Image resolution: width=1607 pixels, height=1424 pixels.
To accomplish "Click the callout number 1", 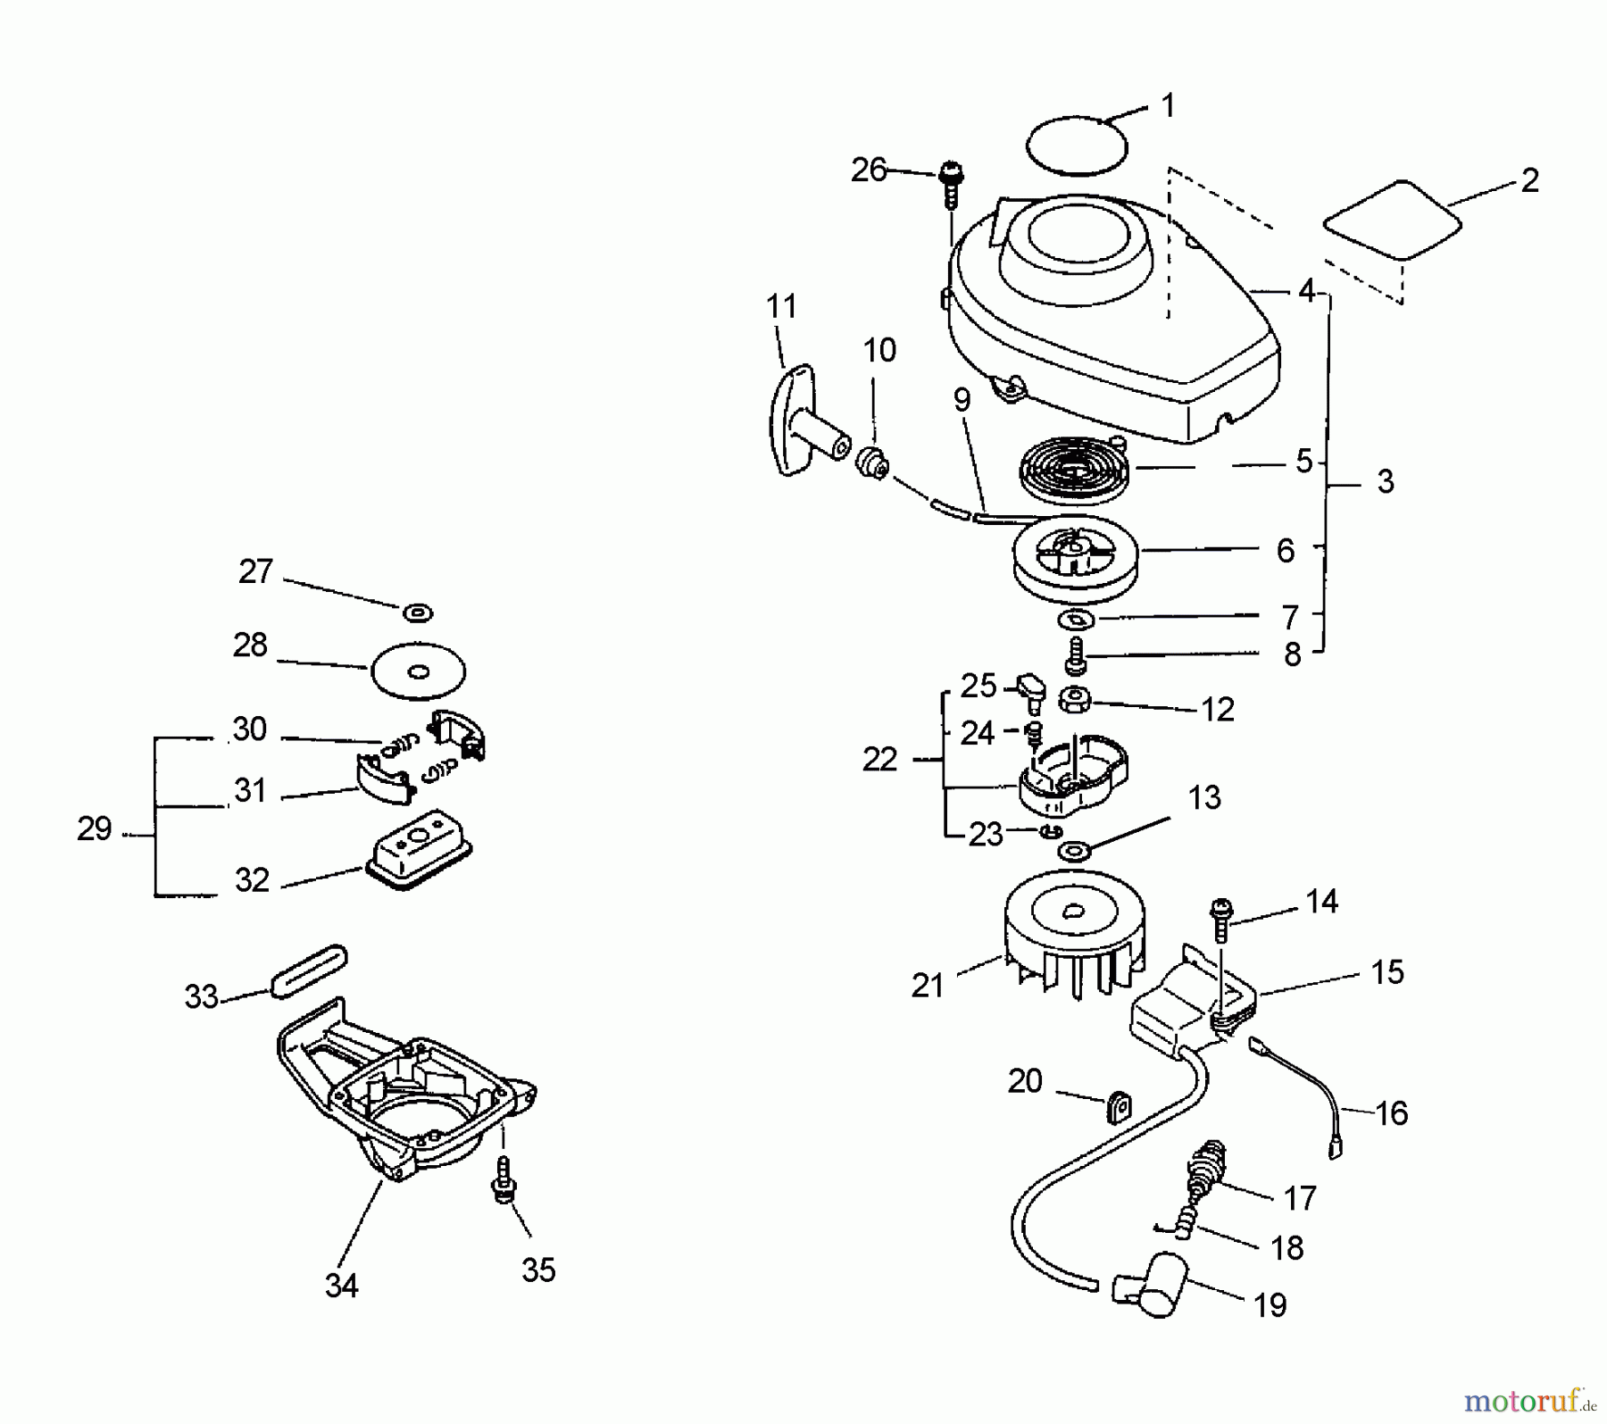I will [1169, 106].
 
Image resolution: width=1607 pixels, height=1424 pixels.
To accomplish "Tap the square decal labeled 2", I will [1392, 220].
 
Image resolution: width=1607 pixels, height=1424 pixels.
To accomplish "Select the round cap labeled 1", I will [1077, 145].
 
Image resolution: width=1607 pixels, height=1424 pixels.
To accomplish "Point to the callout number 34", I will [341, 1286].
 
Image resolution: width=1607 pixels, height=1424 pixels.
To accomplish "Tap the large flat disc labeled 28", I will [418, 671].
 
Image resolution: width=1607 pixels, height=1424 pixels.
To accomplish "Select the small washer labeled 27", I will [418, 613].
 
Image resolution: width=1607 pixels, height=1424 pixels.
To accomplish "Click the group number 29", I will [94, 829].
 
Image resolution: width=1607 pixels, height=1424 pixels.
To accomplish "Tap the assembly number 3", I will [1385, 482].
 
